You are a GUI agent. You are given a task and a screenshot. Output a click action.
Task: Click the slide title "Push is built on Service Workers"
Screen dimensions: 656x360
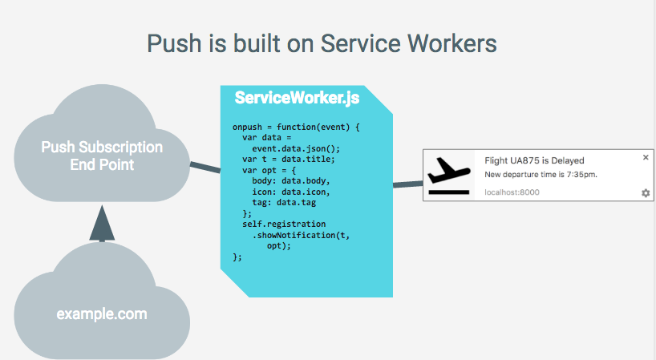coord(322,43)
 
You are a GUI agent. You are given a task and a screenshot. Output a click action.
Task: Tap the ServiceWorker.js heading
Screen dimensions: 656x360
coord(297,98)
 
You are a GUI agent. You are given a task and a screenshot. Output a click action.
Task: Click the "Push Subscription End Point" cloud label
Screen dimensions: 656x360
coord(102,156)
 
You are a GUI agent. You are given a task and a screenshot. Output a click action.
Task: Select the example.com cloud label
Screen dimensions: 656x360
coord(102,313)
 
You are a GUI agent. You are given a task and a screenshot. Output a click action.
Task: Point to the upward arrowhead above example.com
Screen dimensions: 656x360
coord(102,223)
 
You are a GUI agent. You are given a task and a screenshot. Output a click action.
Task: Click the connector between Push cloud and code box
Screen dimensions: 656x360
coord(205,168)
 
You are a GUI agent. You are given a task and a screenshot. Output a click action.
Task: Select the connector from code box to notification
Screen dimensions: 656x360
coord(408,184)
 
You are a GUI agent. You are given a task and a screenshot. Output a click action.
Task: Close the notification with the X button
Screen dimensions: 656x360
coord(646,157)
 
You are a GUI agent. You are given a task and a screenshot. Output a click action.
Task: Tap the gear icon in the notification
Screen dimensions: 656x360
coord(646,192)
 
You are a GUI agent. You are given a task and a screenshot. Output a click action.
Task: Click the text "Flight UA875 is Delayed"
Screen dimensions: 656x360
coord(534,160)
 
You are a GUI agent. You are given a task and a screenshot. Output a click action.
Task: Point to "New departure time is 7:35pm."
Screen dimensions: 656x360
coord(541,174)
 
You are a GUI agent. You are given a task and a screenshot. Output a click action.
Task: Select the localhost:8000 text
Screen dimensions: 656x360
coord(512,192)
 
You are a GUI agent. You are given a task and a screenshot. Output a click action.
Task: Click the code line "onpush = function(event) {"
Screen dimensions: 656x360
coord(296,127)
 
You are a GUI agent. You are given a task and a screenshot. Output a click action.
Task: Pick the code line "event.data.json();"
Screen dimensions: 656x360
coord(296,149)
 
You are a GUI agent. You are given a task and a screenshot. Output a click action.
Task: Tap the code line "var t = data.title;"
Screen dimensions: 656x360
coord(289,160)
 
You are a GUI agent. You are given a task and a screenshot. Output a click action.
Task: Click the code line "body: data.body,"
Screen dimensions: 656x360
coord(291,181)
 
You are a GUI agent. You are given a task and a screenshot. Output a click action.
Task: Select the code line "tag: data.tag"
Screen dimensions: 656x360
coord(284,203)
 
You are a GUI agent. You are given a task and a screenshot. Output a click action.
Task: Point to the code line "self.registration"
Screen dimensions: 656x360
coord(284,224)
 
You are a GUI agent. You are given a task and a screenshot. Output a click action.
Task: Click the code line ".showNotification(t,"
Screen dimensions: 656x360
coord(301,235)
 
